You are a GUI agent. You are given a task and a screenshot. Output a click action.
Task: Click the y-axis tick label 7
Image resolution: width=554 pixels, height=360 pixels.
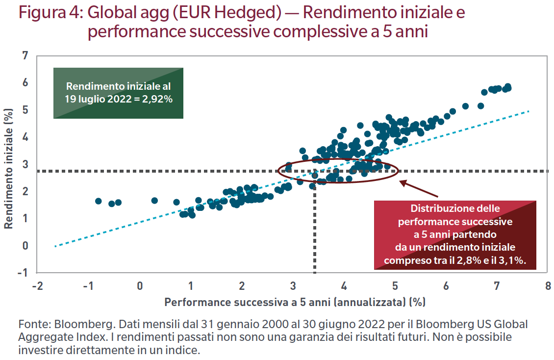coord(25,55)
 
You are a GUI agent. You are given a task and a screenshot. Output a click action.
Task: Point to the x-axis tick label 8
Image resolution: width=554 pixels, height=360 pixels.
coord(547,286)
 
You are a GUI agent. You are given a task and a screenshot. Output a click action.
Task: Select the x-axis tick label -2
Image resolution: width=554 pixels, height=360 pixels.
coord(37,286)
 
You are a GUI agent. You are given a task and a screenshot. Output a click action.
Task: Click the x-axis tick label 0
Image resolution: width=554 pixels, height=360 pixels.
coord(140,286)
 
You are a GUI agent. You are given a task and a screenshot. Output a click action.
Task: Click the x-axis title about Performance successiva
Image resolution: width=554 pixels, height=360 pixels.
coord(295,302)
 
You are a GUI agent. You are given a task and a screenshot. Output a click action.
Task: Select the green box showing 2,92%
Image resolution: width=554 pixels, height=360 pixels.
coord(118,93)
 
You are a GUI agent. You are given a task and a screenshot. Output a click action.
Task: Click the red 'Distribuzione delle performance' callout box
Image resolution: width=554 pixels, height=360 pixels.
coord(455,235)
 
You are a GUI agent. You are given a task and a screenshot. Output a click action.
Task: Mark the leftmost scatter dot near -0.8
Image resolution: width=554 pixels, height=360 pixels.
coord(98,201)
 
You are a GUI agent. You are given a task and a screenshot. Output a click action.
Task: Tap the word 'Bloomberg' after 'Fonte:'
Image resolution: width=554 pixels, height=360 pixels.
coord(74,325)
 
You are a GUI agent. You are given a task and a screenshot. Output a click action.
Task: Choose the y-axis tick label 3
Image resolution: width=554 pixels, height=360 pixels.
coord(25,164)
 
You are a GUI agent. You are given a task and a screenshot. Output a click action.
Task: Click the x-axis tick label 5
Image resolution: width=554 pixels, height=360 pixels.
coord(395,286)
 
